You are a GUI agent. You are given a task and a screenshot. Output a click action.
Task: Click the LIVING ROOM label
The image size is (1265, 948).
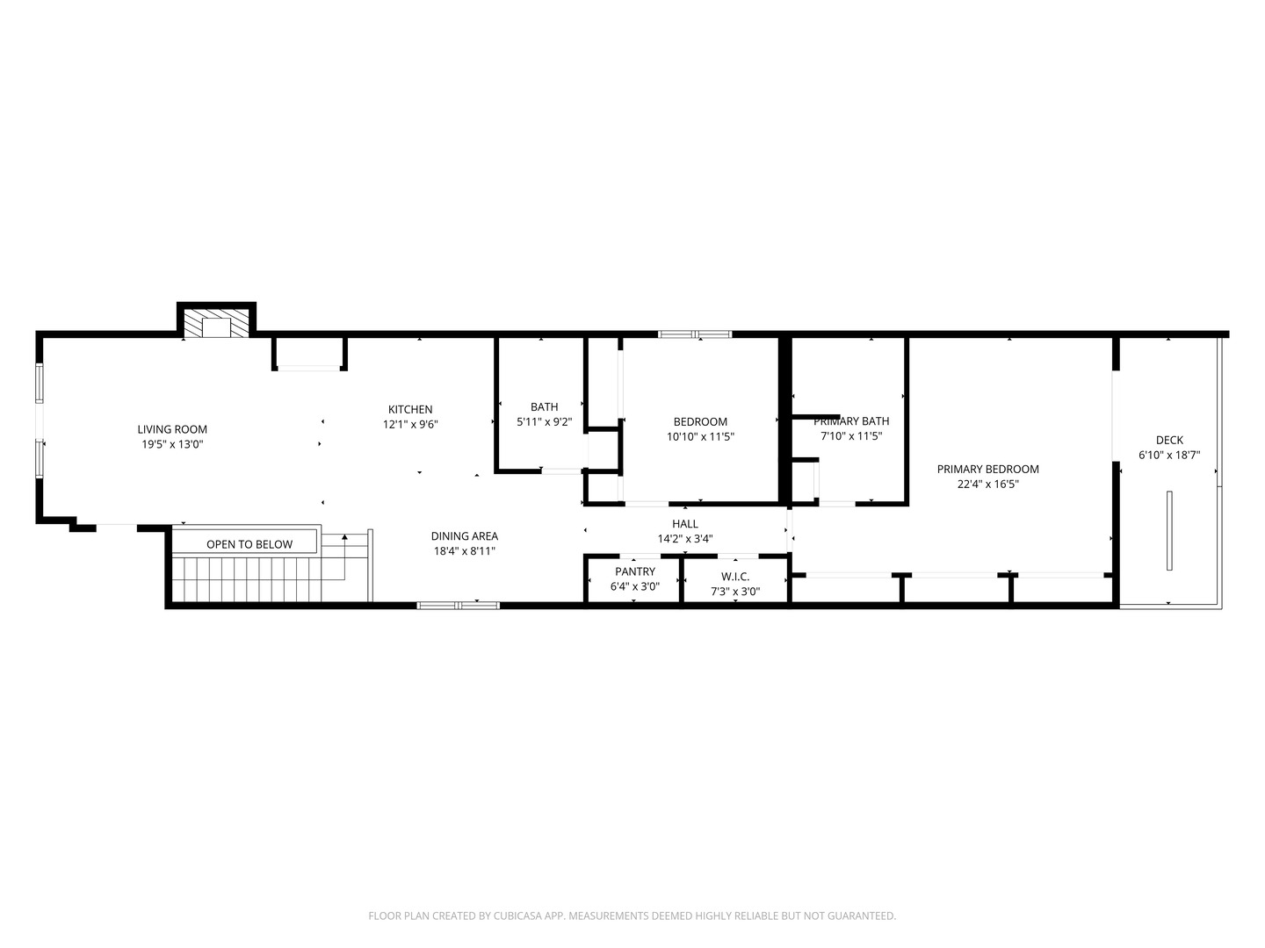[x=172, y=429]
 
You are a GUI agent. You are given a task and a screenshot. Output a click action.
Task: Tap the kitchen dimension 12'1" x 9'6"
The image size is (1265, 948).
[x=410, y=424]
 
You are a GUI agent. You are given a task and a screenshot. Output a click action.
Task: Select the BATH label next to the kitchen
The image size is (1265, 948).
[x=544, y=406]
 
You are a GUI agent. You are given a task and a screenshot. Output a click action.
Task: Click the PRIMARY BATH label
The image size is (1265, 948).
[x=850, y=421]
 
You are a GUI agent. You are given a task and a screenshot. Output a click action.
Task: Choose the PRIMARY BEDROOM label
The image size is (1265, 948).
[x=987, y=469]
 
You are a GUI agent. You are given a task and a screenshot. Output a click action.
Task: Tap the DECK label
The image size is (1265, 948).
[x=1168, y=440]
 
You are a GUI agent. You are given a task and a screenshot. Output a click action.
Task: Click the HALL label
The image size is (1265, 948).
[x=685, y=524]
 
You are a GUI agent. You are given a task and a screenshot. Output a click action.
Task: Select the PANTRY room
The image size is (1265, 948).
[x=634, y=579]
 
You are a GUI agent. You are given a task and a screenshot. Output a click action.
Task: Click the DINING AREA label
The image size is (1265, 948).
[x=464, y=536]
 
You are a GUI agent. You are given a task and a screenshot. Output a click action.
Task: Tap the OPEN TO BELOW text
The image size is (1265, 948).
[x=249, y=544]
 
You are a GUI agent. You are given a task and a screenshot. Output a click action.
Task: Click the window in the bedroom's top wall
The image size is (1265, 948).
[x=695, y=334]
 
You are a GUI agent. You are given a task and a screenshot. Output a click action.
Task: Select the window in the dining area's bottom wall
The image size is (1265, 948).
[x=458, y=605]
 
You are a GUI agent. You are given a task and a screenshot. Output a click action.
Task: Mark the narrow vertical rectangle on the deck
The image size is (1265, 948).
[x=1168, y=531]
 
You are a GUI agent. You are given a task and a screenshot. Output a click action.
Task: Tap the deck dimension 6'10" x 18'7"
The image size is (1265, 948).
[x=1168, y=455]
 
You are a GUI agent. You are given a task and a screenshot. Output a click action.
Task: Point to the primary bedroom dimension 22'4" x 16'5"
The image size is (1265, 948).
[x=987, y=484]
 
